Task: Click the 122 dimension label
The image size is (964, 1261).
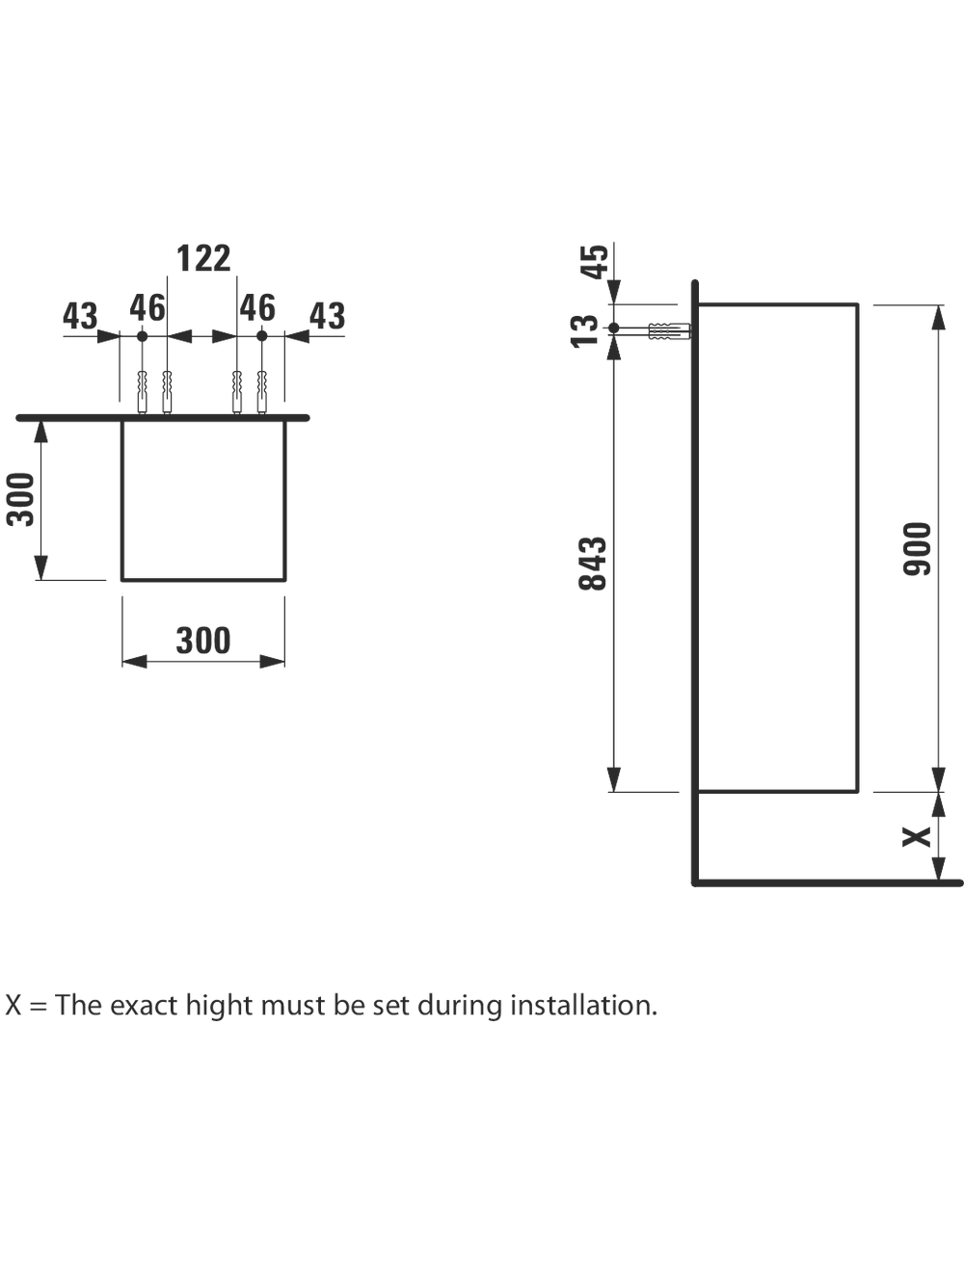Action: pos(203,258)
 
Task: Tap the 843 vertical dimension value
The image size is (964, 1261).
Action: pos(593,564)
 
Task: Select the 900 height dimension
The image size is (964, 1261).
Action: pos(917,549)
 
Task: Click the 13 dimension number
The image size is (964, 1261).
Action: pos(584,331)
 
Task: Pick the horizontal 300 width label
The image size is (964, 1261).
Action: pos(203,641)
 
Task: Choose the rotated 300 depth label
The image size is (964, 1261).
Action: pos(20,499)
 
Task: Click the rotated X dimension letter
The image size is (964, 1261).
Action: pos(917,837)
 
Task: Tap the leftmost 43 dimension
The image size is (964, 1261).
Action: pos(80,316)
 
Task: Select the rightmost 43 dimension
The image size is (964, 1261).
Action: pos(328,316)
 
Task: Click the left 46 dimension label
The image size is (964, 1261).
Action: pos(147,308)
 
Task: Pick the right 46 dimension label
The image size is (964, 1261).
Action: pos(257,308)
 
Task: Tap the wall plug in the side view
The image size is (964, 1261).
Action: pos(669,331)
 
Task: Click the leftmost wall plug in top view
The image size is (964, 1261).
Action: pos(142,392)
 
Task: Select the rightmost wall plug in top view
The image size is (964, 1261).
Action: pos(262,392)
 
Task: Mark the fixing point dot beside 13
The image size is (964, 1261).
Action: pos(614,328)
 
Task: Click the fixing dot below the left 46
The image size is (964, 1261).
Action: pos(142,336)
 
